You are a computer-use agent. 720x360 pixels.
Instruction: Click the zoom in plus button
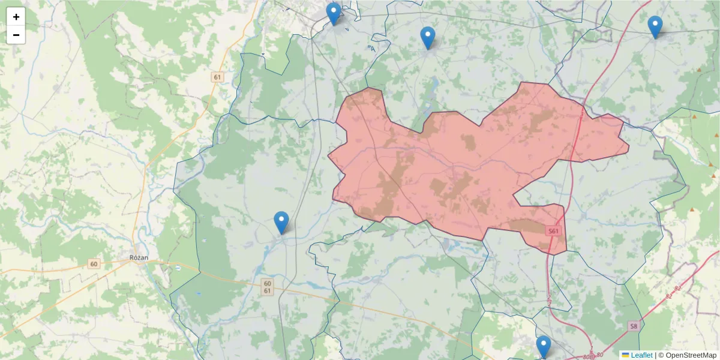point(16,17)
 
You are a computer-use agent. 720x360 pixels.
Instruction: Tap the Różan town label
point(139,257)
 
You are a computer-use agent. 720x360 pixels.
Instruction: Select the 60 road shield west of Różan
point(93,264)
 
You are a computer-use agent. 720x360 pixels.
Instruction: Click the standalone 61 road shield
point(217,77)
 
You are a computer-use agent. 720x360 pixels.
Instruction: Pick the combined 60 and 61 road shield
point(267,287)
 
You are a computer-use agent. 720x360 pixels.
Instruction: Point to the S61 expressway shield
point(553,231)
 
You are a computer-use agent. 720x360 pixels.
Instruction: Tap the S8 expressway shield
point(634,326)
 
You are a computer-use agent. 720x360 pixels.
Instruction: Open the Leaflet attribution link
point(641,355)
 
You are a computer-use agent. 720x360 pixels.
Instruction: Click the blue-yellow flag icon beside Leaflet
point(625,355)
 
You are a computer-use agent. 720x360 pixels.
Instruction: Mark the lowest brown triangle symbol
point(692,209)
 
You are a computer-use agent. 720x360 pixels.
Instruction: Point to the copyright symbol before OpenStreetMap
point(661,355)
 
